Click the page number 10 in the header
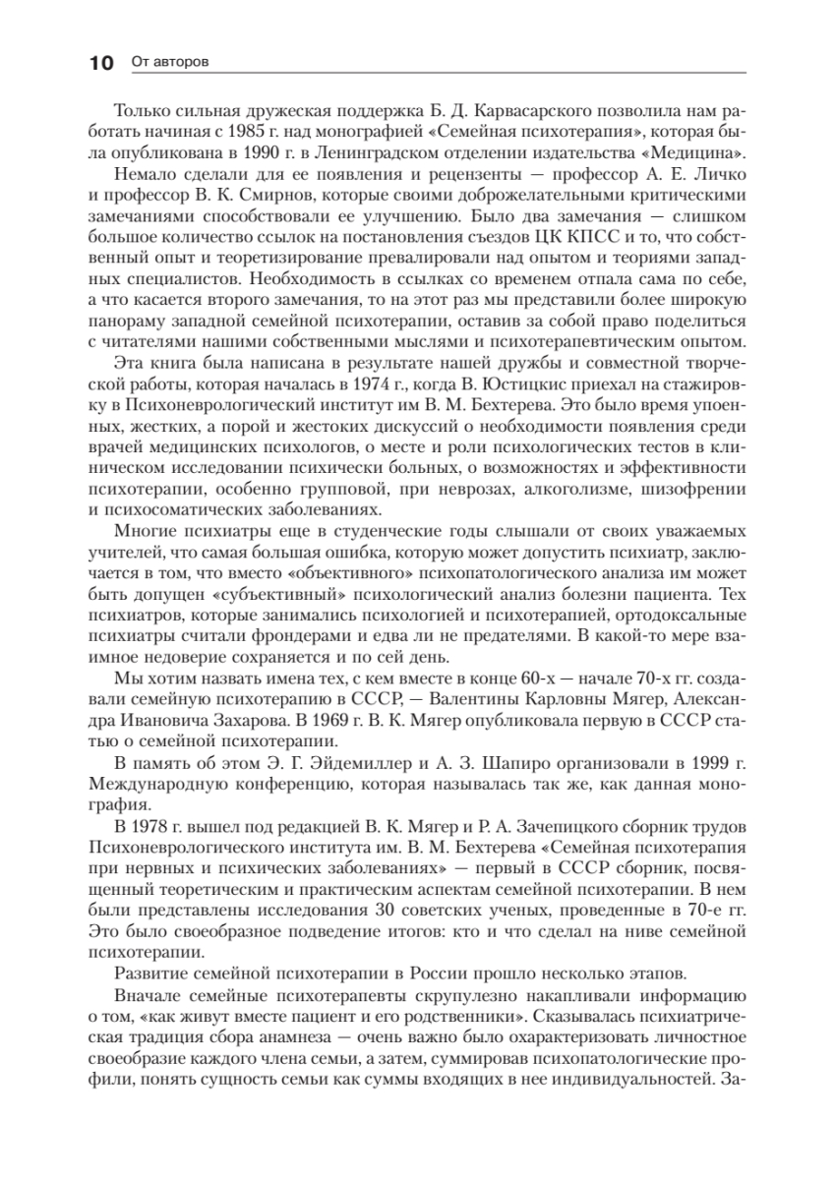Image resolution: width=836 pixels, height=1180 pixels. [101, 64]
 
